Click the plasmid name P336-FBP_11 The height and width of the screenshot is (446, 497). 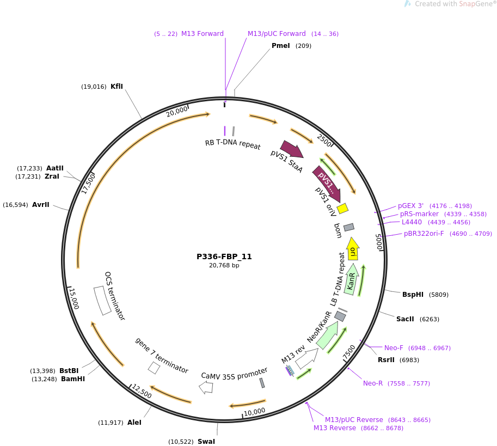pos(224,256)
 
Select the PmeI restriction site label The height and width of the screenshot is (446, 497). pos(281,46)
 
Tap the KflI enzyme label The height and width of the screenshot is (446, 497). pos(116,87)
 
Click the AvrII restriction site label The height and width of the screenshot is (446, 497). pos(40,205)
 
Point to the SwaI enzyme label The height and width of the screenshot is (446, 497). pos(206,442)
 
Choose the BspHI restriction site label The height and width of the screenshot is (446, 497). pos(413,295)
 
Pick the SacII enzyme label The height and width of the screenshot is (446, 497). pos(405,319)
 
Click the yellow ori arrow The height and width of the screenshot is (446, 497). pos(353,249)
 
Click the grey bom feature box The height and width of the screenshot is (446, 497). pos(349,227)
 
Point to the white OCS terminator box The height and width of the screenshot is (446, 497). pos(102,300)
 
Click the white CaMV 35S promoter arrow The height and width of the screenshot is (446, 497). pos(206,387)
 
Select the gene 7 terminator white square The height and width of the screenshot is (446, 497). pos(154,368)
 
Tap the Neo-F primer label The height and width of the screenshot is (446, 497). pos(394,348)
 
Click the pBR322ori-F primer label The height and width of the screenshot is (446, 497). pos(424,234)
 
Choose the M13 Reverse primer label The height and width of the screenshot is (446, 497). pos(334,428)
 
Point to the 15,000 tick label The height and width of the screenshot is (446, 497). pos(73,298)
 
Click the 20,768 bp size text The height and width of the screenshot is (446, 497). pos(224,266)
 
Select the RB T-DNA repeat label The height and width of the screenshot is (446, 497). pos(232,144)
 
